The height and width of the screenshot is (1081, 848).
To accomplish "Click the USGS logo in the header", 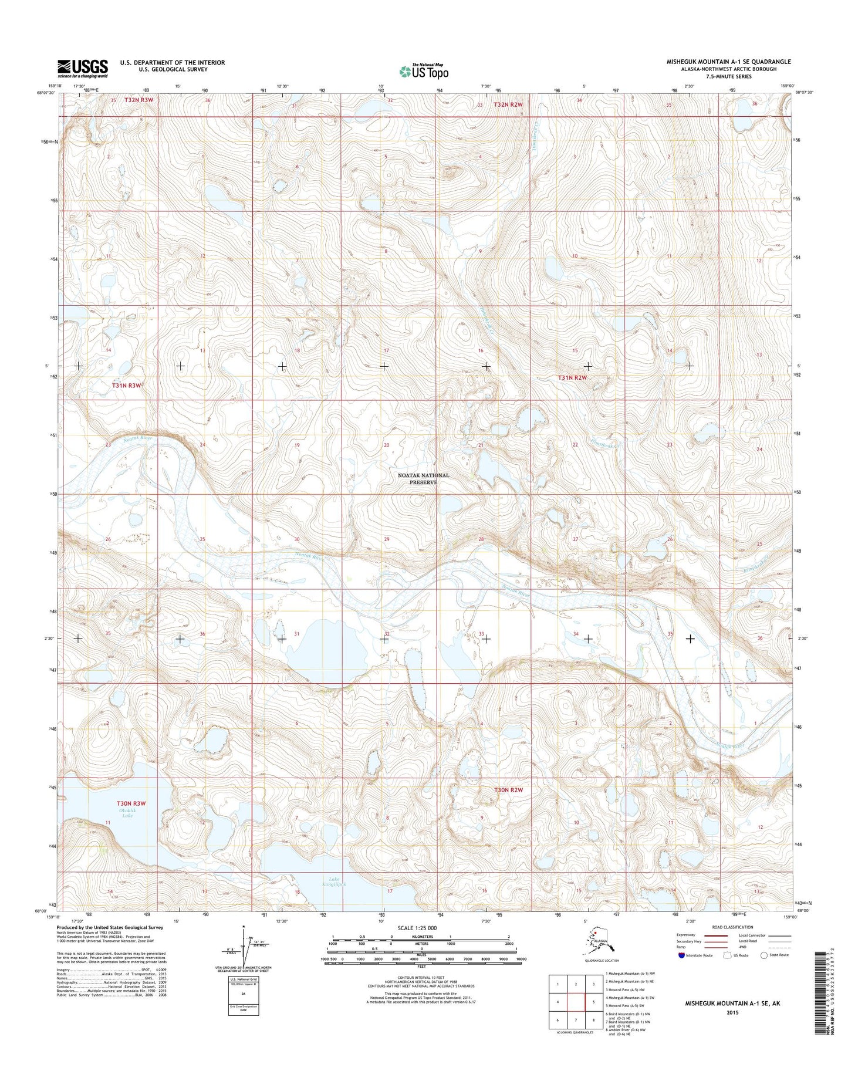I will coord(82,68).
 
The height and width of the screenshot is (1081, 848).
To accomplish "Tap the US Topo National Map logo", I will coord(424,71).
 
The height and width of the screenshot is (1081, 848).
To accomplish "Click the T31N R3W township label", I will coord(127,385).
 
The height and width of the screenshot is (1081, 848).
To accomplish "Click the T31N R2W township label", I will coord(572,378).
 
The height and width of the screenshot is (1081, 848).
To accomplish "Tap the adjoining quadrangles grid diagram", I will coord(576,1000).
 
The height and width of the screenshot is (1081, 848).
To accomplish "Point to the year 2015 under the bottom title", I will coord(732,1012).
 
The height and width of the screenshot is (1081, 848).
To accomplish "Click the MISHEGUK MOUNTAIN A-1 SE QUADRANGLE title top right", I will coord(728,62).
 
